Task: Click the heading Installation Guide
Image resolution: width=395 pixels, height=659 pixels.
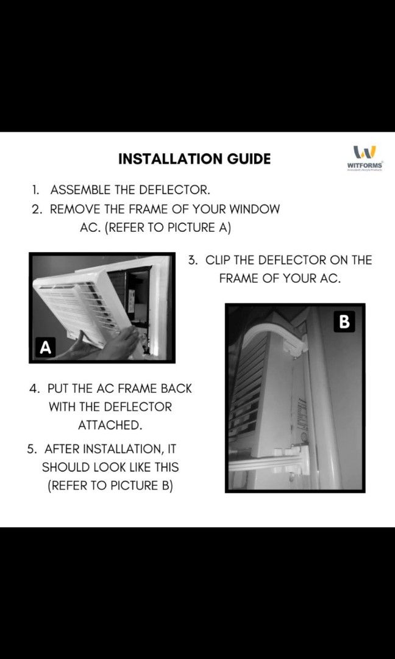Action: (194, 159)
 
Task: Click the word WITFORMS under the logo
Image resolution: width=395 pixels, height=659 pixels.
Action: (365, 165)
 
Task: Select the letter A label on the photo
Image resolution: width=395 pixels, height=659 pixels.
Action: (45, 347)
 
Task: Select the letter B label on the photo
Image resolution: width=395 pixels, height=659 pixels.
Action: (344, 322)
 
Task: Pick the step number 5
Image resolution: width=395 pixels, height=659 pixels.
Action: (31, 449)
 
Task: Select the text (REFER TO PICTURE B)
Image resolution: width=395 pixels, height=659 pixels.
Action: (110, 487)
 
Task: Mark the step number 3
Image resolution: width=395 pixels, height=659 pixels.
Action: (193, 260)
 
